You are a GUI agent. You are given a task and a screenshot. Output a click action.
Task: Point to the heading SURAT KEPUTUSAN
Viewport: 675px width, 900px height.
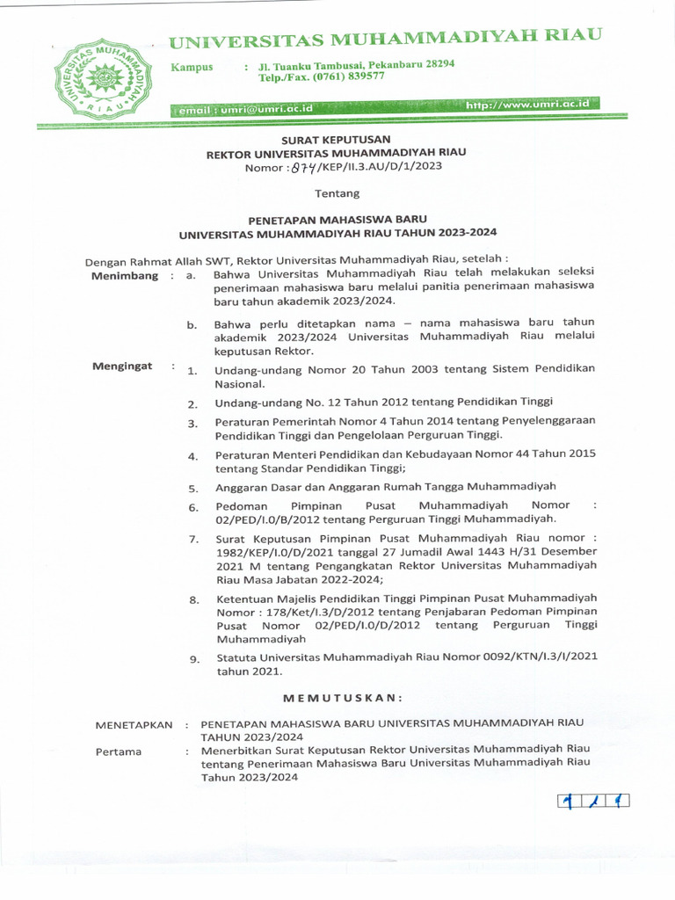tap(336, 139)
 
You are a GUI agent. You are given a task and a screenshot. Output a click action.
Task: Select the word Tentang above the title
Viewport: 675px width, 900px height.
tap(337, 192)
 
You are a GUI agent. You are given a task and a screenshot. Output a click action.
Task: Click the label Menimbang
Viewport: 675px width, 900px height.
tap(125, 276)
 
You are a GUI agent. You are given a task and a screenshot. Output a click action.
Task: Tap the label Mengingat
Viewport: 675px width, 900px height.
tap(122, 366)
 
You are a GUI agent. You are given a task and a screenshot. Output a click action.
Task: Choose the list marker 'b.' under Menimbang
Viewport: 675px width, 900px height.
tap(192, 326)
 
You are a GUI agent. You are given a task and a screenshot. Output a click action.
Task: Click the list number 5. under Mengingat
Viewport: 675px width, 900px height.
tap(193, 488)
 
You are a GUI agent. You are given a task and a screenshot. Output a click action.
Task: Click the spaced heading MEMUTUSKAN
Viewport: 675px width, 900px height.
tap(342, 698)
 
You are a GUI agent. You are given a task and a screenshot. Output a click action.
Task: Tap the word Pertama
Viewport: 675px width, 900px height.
tap(120, 752)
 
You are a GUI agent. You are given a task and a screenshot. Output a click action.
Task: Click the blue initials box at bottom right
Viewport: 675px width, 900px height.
tap(593, 802)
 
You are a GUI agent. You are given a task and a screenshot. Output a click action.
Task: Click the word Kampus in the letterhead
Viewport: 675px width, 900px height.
tap(192, 67)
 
